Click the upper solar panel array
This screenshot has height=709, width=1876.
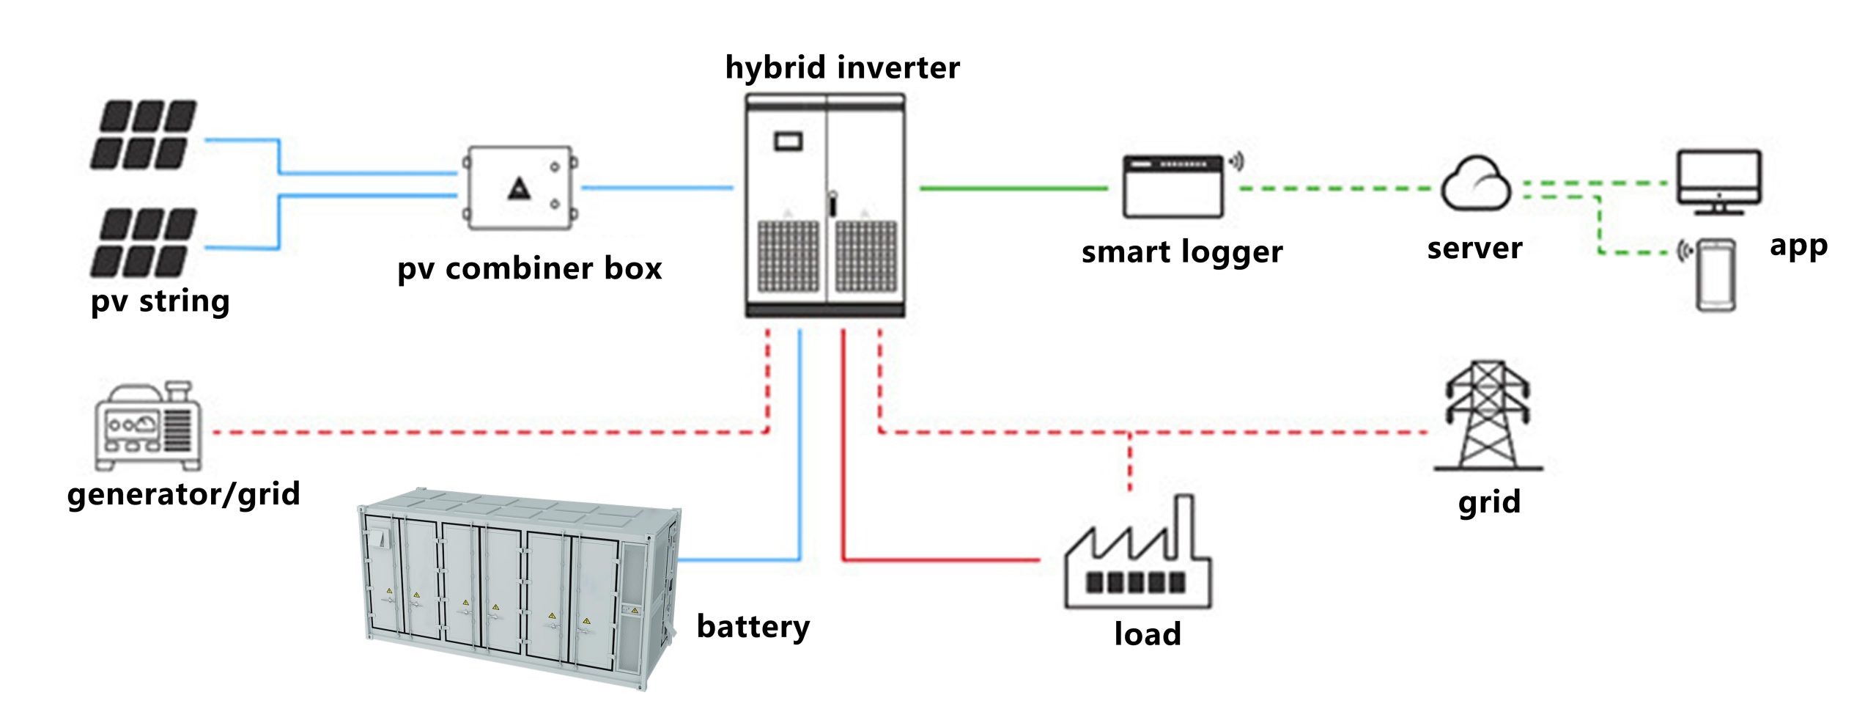click(143, 135)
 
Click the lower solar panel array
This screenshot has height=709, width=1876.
click(143, 243)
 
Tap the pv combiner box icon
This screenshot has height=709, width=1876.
click(521, 188)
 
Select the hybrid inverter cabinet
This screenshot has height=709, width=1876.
click(825, 205)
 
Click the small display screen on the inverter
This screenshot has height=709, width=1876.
click(788, 140)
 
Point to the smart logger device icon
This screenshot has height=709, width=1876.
click(1173, 186)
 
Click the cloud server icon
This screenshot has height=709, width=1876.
click(1476, 184)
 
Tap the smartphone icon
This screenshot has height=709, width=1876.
click(1716, 275)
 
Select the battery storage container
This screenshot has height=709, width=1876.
click(520, 587)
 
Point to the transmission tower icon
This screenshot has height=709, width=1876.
click(1488, 416)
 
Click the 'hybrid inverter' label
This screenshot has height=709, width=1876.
click(842, 67)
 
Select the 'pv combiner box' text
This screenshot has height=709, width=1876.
click(529, 268)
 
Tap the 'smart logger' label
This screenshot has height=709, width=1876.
click(1181, 252)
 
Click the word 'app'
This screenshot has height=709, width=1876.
click(1798, 246)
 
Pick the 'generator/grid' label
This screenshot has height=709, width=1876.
click(183, 494)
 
